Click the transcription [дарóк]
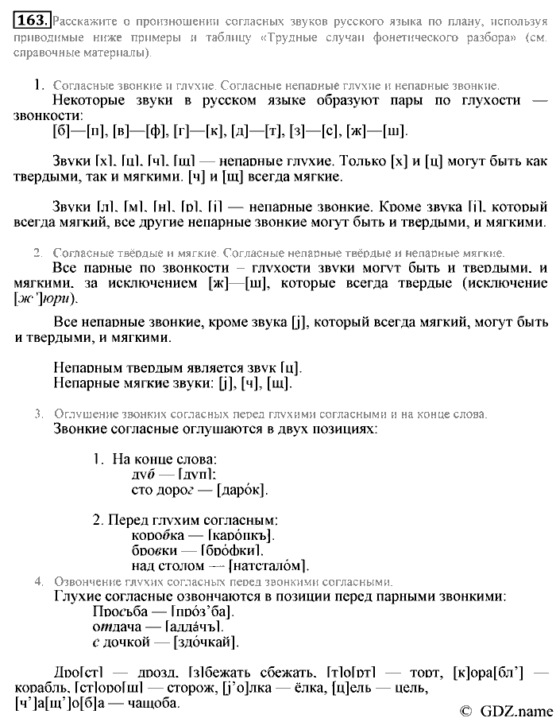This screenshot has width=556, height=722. click(x=238, y=490)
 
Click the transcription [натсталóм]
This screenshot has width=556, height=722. click(x=268, y=565)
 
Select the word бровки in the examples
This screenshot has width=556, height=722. click(x=156, y=550)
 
